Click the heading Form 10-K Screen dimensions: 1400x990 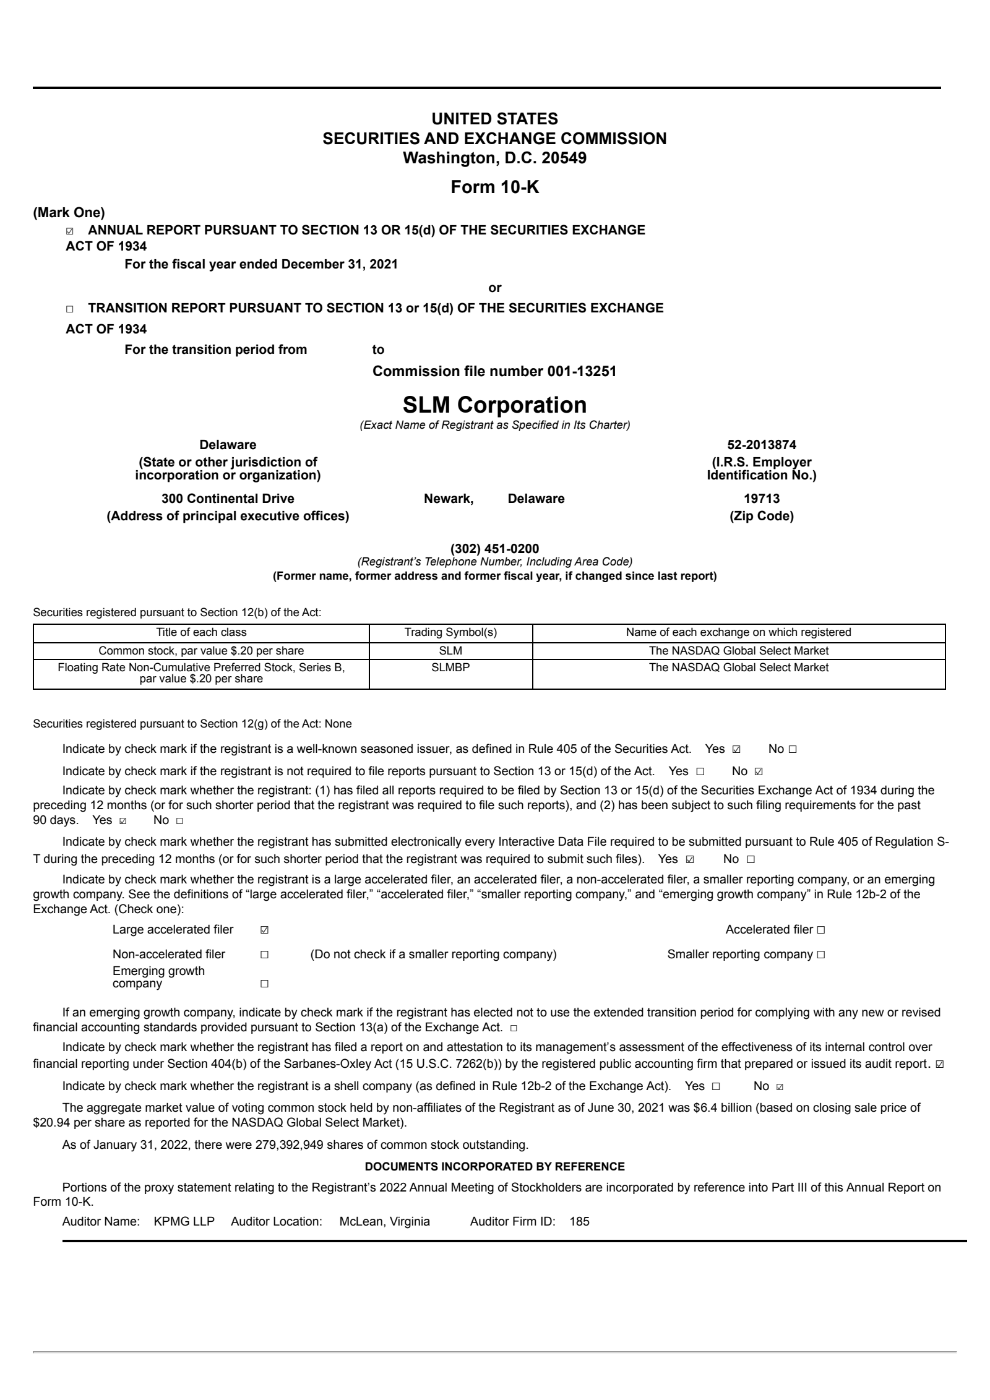[494, 187]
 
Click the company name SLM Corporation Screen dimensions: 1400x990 [494, 405]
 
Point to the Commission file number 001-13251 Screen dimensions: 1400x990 [494, 371]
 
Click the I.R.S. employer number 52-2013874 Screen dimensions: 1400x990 [761, 445]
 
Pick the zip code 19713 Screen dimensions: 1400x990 [761, 499]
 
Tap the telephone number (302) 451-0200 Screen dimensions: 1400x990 [494, 549]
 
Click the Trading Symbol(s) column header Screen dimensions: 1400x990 [450, 632]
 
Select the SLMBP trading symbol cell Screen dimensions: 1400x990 [450, 668]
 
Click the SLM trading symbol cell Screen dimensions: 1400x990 [450, 650]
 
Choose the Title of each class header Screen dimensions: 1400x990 [201, 632]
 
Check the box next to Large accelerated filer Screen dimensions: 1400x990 [264, 930]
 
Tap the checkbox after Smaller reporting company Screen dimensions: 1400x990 [820, 955]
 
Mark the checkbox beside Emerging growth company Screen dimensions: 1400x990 [264, 983]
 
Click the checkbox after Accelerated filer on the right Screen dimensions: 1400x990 [820, 930]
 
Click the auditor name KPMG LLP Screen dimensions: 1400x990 [184, 1222]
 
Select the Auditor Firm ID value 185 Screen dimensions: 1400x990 [580, 1222]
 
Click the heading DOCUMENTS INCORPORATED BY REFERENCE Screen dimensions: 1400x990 [494, 1167]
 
